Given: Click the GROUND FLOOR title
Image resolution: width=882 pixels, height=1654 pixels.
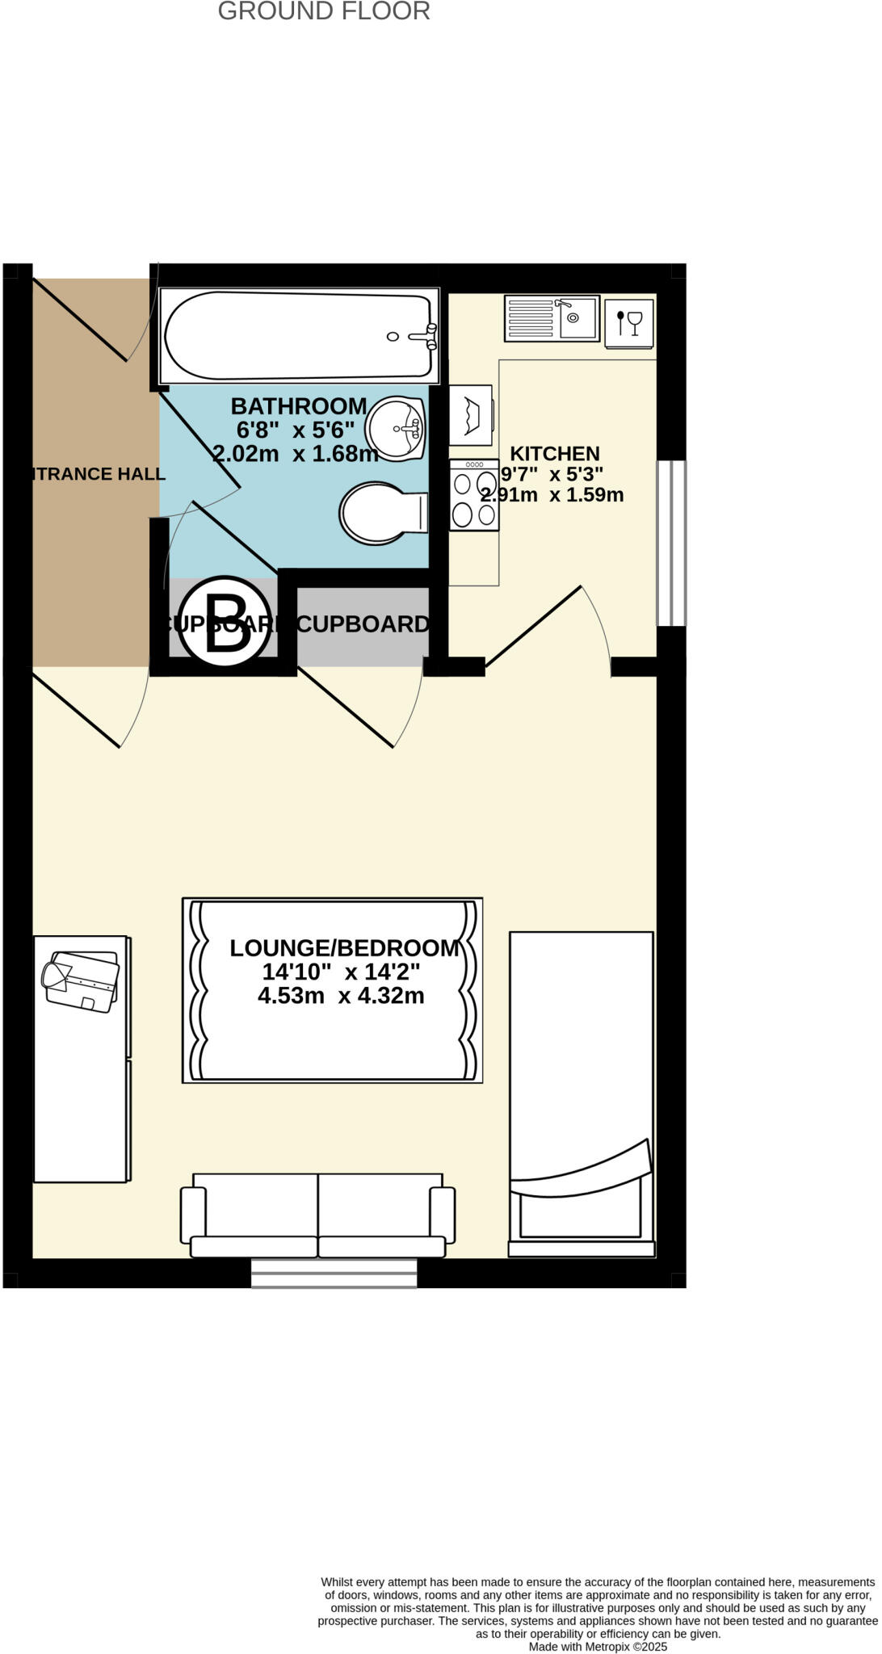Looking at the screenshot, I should pyautogui.click(x=324, y=12).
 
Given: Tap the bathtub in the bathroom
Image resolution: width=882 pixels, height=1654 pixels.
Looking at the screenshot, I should pyautogui.click(x=299, y=335).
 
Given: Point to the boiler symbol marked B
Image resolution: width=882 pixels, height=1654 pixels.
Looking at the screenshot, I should pyautogui.click(x=225, y=620).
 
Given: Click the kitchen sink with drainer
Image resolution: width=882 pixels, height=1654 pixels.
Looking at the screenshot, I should pyautogui.click(x=552, y=318).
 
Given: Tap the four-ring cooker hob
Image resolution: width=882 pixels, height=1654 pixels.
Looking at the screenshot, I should pyautogui.click(x=474, y=495).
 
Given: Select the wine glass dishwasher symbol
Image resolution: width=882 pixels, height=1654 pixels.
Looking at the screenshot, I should pyautogui.click(x=628, y=323).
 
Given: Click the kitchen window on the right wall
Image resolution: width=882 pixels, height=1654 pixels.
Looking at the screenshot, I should pyautogui.click(x=671, y=543).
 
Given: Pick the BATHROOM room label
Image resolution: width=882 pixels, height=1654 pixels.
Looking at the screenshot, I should pyautogui.click(x=299, y=406).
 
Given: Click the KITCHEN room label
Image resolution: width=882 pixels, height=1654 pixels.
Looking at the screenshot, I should pyautogui.click(x=555, y=454).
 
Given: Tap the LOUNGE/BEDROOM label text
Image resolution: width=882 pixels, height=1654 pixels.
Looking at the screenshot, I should pyautogui.click(x=344, y=949).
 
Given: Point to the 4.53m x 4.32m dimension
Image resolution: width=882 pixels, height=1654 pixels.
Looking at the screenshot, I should pyautogui.click(x=341, y=996).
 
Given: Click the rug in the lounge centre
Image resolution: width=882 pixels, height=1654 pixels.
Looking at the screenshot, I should pyautogui.click(x=332, y=1042).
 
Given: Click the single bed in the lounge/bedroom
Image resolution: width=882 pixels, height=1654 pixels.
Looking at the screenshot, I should pyautogui.click(x=581, y=1090).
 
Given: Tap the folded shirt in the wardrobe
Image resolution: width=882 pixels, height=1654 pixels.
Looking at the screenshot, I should pyautogui.click(x=80, y=980).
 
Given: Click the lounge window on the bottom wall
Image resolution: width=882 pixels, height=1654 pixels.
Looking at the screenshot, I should pyautogui.click(x=334, y=1273).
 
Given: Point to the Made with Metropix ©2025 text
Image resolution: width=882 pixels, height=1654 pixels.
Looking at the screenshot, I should pyautogui.click(x=598, y=1647).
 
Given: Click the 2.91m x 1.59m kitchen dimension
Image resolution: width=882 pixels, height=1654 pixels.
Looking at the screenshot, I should pyautogui.click(x=552, y=495).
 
